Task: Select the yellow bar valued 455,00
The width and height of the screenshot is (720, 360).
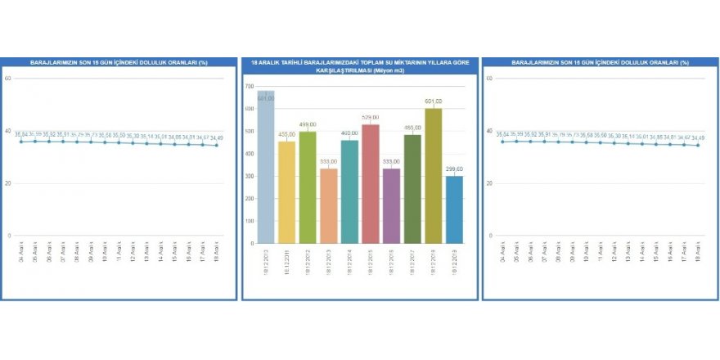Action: pos(286,192)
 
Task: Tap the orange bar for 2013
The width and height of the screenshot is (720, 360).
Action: pos(329,205)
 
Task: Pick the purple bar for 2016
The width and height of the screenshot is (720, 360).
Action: pos(392,205)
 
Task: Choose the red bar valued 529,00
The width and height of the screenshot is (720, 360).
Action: pos(371,183)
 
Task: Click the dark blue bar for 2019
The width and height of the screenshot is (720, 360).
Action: pos(454,209)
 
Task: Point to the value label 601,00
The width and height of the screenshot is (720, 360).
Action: pos(434,102)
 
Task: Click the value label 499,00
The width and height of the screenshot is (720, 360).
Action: pos(308,125)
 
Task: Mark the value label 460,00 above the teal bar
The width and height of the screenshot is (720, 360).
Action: pos(349,133)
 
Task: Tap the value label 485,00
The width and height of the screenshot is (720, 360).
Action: pos(412,128)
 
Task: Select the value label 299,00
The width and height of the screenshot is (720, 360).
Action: pos(454,169)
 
